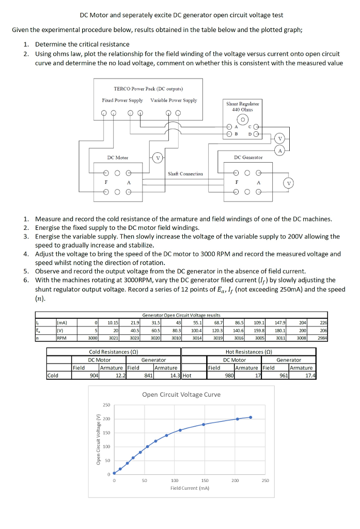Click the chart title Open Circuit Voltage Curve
(181, 394)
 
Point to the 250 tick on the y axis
(106, 404)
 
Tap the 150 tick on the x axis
(204, 480)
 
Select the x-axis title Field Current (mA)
(190, 488)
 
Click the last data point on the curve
(251, 417)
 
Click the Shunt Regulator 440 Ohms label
(243, 106)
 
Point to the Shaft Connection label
(185, 174)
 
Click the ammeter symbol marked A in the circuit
(280, 151)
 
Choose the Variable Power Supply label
(174, 100)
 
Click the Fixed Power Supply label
(122, 100)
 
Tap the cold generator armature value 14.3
(175, 376)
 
